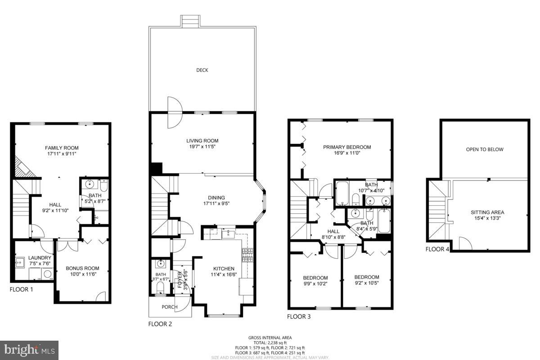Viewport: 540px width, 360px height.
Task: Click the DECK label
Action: point(202,70)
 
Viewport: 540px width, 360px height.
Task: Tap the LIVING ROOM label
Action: point(202,140)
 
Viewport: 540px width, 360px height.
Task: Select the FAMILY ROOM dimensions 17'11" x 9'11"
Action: point(62,154)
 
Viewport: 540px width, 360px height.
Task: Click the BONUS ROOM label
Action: point(82,268)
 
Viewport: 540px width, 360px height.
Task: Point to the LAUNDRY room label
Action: point(40,258)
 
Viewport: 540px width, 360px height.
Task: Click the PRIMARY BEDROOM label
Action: point(347,147)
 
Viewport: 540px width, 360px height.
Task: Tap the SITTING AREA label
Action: point(487,212)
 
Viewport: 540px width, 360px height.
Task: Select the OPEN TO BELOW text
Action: point(485,149)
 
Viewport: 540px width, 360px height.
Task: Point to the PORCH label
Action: point(169,307)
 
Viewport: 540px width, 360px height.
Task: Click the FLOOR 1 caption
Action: point(22,289)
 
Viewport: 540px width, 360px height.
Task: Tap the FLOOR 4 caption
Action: point(437,249)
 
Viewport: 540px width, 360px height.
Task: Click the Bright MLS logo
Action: point(30,350)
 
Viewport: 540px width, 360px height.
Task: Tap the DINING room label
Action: point(214,198)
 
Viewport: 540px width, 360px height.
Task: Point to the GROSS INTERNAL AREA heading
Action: point(270,337)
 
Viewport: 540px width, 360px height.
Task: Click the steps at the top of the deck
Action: point(191,21)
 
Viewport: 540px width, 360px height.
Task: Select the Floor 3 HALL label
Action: point(339,231)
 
